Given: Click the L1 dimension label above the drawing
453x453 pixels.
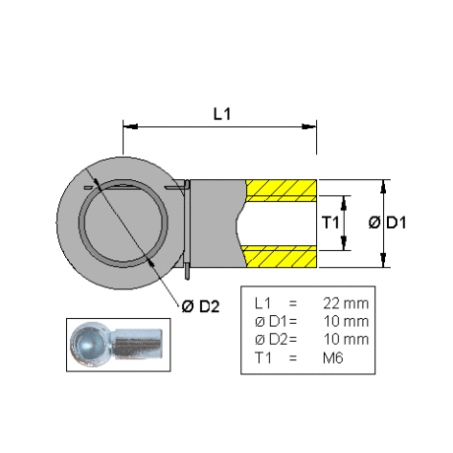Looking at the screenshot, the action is [x=223, y=114].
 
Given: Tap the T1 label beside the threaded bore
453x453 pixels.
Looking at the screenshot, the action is [x=330, y=223].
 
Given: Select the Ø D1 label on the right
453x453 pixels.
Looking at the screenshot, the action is [x=387, y=223].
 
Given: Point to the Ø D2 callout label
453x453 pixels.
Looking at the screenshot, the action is [x=201, y=306].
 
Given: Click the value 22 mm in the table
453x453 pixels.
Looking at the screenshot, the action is [x=346, y=303].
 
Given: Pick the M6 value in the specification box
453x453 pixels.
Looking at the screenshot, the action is [x=333, y=357].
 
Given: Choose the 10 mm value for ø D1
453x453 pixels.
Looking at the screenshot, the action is [x=347, y=321].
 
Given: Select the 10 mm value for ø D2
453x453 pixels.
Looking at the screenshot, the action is [x=347, y=340].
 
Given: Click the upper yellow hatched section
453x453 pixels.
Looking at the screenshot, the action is [x=282, y=190].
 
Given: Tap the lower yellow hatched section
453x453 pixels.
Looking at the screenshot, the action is [x=282, y=256].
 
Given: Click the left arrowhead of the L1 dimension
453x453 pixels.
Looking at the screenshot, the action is [x=130, y=126].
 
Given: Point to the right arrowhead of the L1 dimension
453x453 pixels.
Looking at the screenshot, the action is [x=309, y=126].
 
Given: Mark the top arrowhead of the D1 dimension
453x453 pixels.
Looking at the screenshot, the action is [x=383, y=187].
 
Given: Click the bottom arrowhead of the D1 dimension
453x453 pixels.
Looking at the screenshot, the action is [x=383, y=260].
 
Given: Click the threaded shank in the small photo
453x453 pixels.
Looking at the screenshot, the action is [x=137, y=343].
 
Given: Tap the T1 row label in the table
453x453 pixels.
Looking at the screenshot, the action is [x=263, y=357].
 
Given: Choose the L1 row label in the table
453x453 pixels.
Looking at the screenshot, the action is [x=263, y=303].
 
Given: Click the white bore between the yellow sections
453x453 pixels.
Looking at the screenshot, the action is [x=277, y=224].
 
